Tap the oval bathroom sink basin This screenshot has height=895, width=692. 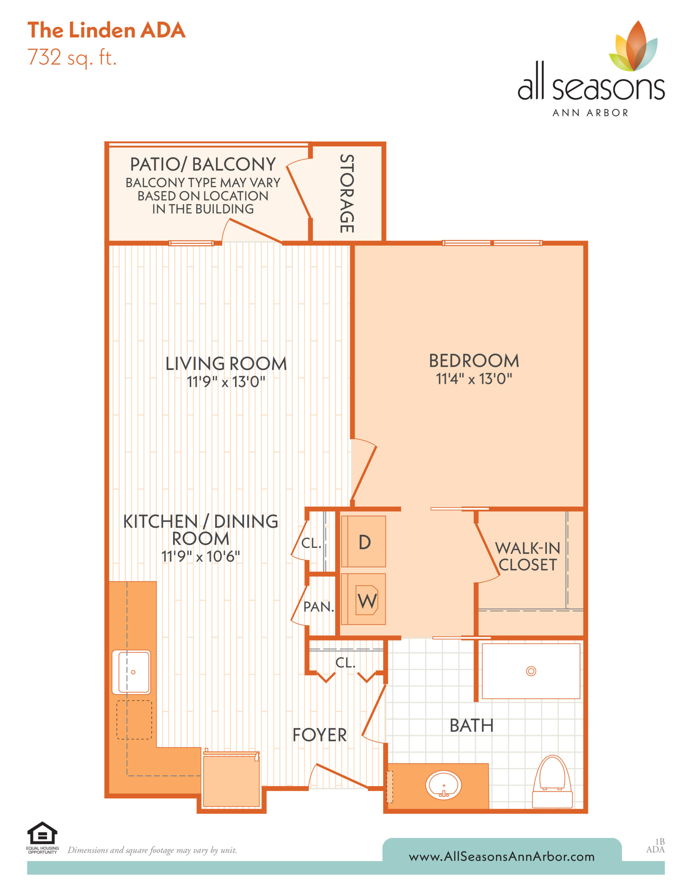tap(443, 786)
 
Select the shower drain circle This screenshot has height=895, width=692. tap(531, 671)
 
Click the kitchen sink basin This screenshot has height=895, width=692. tap(133, 672)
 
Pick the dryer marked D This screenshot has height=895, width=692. tap(363, 541)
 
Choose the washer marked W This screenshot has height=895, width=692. tap(363, 600)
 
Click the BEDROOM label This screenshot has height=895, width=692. tap(474, 361)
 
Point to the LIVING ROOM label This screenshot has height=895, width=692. tap(226, 364)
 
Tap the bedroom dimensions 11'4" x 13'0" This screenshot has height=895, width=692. tap(474, 379)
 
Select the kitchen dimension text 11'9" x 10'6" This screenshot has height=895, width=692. tap(200, 556)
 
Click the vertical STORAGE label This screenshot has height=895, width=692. tap(347, 193)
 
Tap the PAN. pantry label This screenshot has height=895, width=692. tap(319, 607)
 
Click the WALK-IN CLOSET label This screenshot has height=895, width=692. tap(528, 556)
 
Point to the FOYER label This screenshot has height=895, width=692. tap(319, 735)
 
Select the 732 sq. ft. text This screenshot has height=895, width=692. tap(72, 58)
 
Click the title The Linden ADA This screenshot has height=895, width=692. tap(107, 30)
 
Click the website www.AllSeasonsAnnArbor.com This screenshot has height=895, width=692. tap(502, 857)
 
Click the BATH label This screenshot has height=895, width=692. tap(472, 725)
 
